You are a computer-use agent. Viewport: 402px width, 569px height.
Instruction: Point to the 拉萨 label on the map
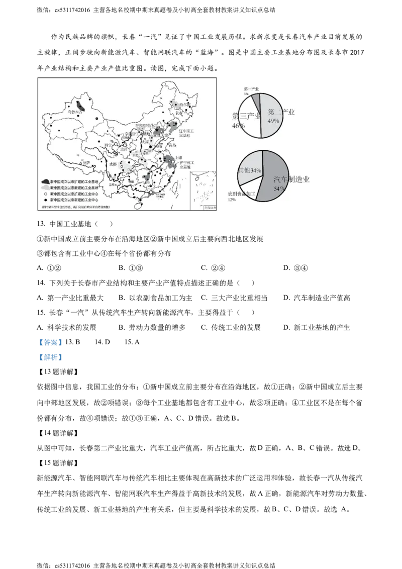pos(86,163)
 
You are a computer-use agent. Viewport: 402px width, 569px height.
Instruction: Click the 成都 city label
pos(111,164)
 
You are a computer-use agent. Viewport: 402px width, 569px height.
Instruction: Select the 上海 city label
pos(179,156)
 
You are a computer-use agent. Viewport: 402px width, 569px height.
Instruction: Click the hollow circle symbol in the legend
pos(45,193)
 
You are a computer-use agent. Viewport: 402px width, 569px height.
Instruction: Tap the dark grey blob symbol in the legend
pos(45,181)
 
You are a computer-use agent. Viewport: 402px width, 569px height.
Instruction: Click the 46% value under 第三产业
pos(238,126)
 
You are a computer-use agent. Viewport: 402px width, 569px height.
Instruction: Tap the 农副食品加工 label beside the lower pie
pos(241,194)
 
